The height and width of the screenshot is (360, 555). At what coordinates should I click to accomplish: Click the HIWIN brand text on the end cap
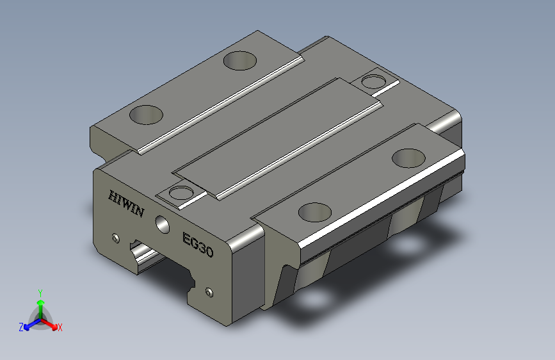(126, 204)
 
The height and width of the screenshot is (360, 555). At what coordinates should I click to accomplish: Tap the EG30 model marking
(198, 245)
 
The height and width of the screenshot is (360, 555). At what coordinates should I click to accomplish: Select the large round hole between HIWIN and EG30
(163, 224)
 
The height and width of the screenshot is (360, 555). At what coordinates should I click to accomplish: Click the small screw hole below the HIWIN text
(116, 238)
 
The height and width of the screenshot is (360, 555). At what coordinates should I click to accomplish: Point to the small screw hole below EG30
(209, 292)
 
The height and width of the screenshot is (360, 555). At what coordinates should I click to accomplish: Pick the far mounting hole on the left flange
(240, 61)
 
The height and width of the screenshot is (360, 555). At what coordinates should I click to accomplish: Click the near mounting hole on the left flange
(146, 115)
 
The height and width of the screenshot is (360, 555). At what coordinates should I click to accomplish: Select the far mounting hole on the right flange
(409, 158)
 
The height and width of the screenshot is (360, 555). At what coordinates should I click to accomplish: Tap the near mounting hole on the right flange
(315, 212)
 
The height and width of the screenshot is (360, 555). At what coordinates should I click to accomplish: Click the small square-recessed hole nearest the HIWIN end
(181, 193)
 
